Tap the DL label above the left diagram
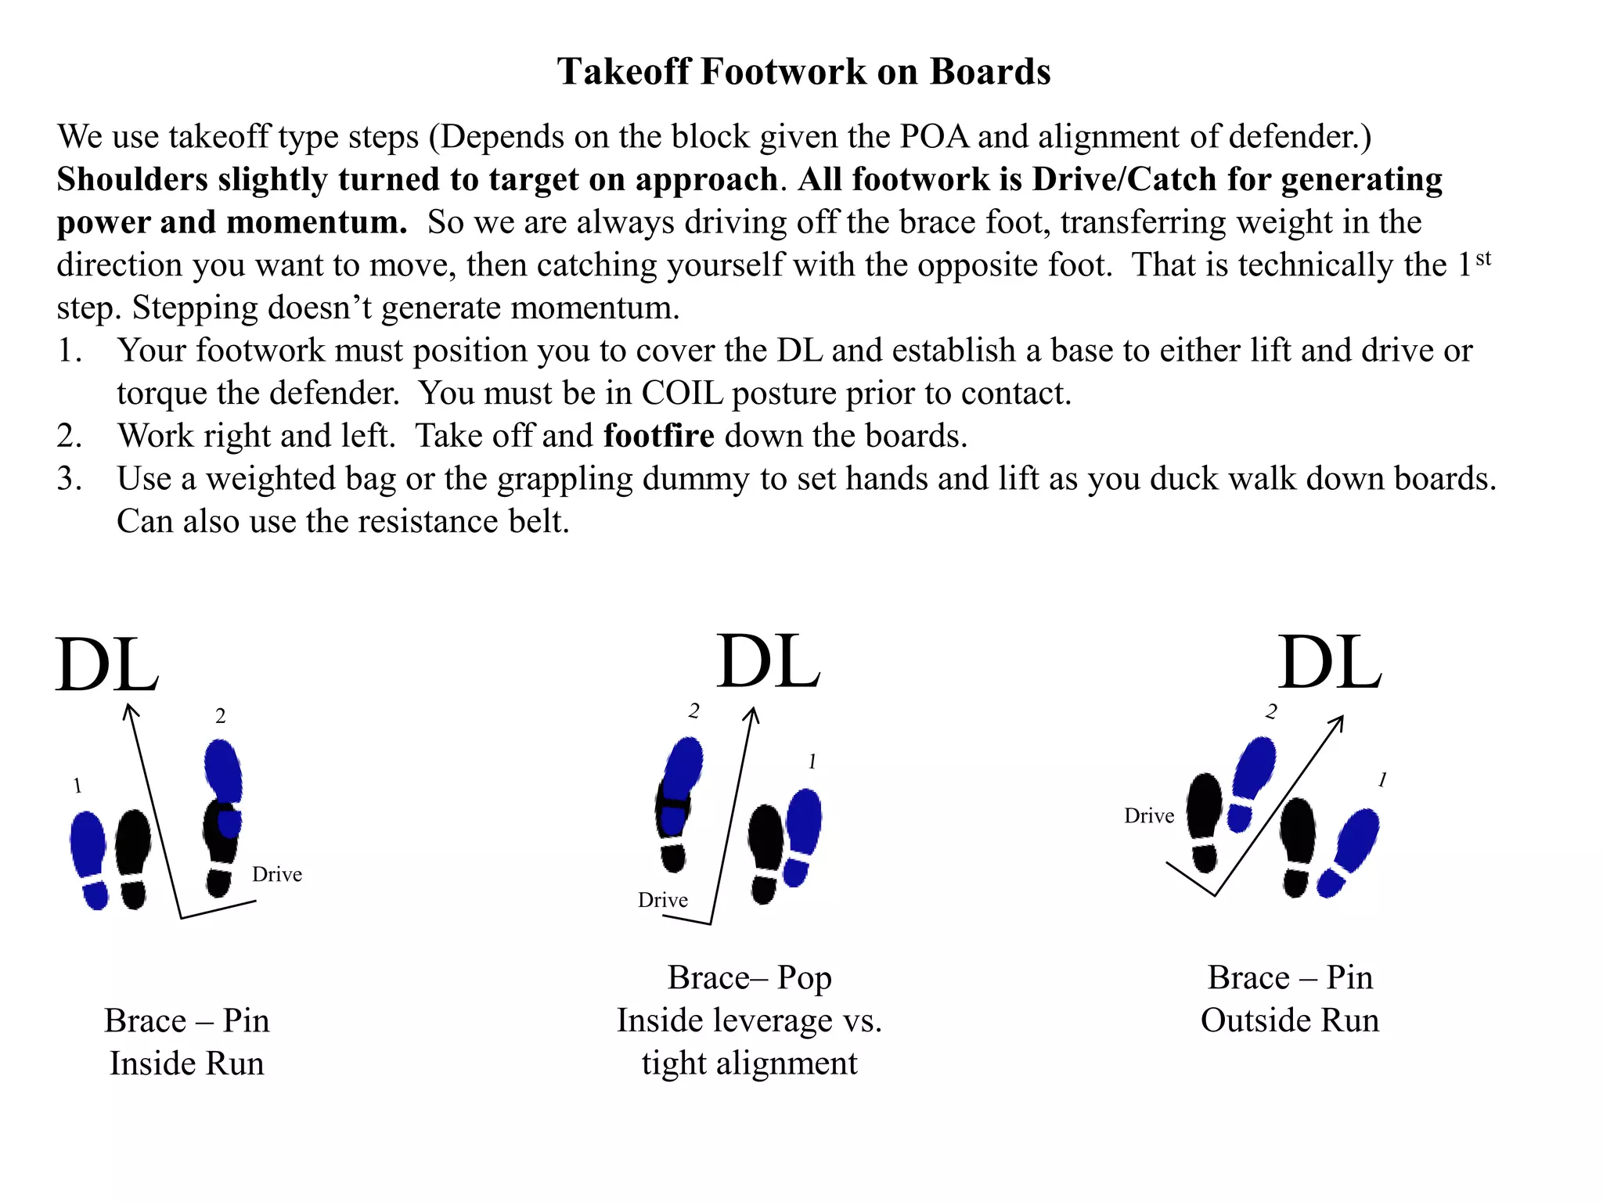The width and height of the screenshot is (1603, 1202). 107,665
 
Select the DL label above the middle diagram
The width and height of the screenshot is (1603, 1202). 769,661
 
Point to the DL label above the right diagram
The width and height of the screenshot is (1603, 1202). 1331,662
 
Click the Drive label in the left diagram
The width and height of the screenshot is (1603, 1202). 277,874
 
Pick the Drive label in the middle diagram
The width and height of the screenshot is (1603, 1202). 663,900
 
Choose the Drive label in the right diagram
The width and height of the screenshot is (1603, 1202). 1149,816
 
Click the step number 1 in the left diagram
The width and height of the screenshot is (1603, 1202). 77,786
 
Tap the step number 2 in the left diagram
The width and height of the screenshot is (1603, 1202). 221,716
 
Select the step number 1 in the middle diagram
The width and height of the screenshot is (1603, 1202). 812,761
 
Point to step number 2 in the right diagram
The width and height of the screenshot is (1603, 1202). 1271,711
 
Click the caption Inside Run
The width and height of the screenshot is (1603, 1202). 187,1063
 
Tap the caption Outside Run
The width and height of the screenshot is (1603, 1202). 1290,1020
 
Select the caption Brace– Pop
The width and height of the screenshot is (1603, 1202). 749,978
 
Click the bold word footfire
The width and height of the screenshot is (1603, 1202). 659,435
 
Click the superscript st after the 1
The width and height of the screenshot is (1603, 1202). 1483,258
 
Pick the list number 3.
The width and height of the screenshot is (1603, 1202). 69,479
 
